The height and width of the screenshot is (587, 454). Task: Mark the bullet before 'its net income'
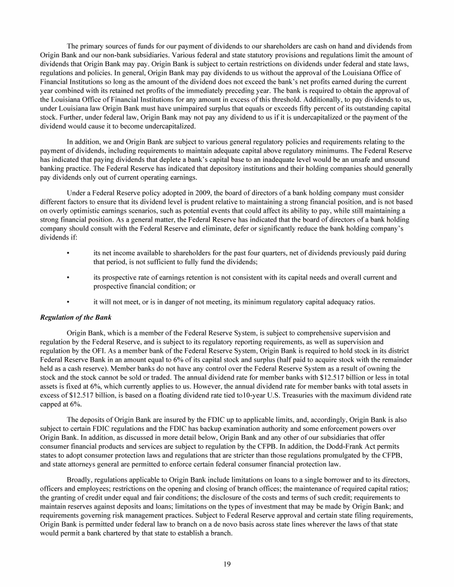pos(69,252)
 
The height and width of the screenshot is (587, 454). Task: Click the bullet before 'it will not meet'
pos(69,302)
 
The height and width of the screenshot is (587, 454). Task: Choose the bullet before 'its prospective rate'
pos(69,277)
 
